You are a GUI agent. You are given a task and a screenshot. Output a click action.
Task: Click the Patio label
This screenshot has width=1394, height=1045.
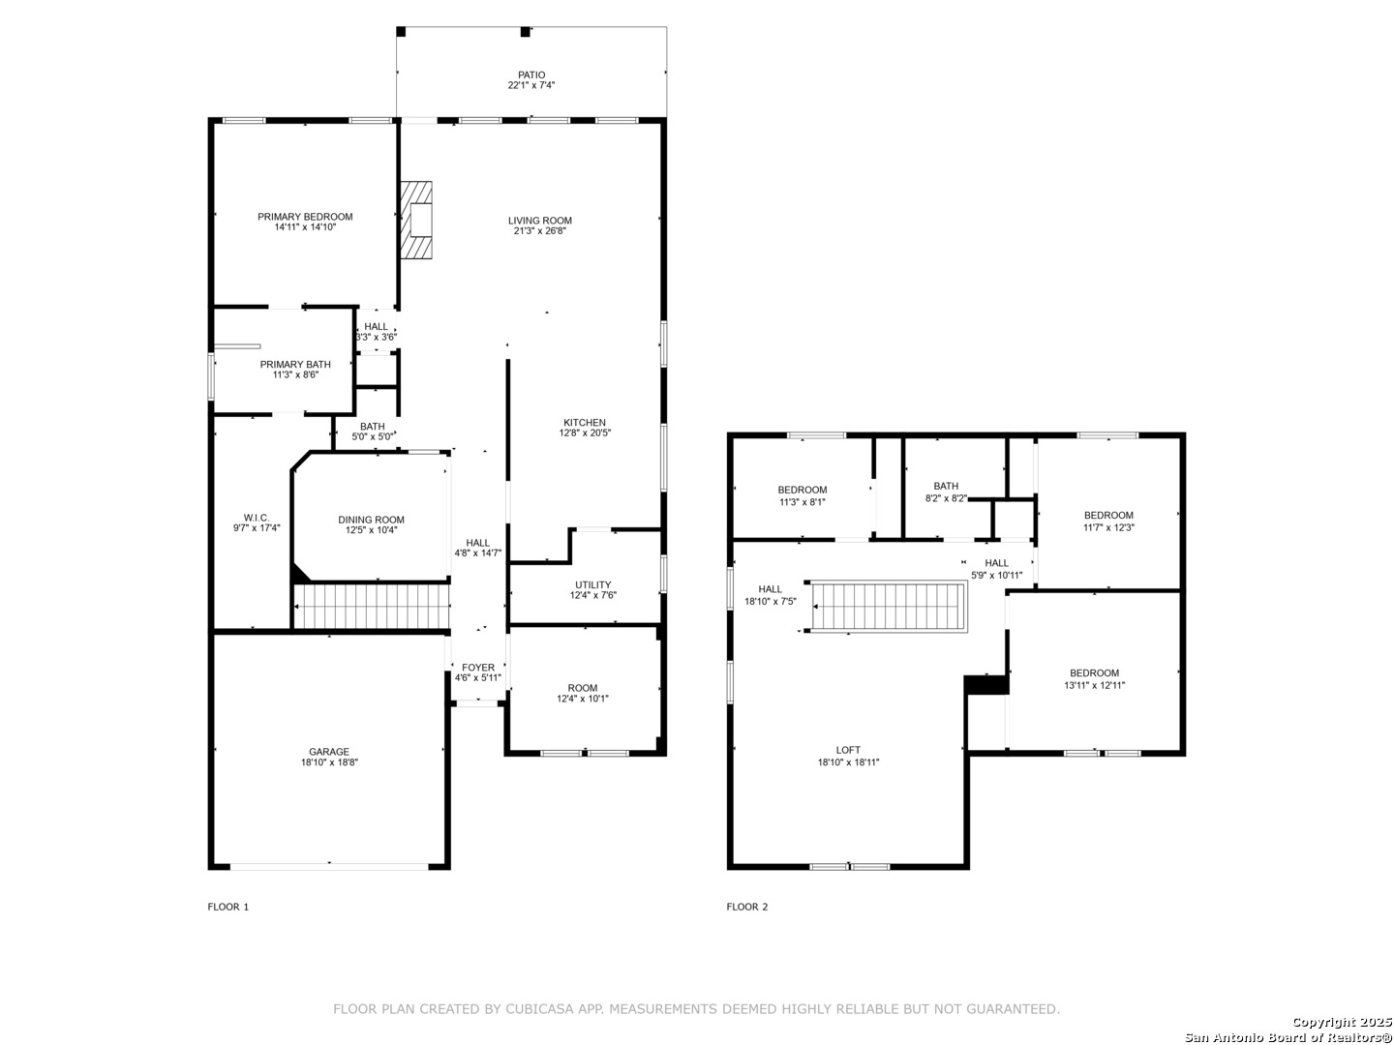click(531, 75)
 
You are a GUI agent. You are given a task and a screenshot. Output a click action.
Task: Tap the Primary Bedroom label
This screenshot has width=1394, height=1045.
click(305, 217)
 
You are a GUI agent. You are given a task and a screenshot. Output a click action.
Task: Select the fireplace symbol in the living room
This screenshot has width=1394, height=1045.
click(417, 221)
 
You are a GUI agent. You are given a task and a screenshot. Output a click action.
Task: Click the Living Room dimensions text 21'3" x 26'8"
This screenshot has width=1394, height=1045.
click(540, 231)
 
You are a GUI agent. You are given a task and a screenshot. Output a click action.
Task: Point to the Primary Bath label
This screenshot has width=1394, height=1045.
click(295, 365)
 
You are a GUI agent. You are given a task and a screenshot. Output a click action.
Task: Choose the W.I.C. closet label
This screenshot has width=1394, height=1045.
click(257, 518)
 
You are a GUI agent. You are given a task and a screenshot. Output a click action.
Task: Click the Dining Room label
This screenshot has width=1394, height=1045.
click(371, 520)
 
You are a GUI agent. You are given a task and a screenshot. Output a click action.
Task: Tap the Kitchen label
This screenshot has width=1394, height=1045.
click(585, 423)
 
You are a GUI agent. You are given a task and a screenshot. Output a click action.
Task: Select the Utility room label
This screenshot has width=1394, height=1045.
click(592, 584)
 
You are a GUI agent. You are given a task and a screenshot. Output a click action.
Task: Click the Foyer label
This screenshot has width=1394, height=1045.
click(478, 668)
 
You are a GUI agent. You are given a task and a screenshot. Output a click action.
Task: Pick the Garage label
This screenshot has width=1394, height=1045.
click(329, 752)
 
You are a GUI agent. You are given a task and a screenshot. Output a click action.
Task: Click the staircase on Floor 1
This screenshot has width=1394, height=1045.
click(373, 605)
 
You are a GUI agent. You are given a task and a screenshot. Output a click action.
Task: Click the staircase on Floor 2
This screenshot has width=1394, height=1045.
click(889, 607)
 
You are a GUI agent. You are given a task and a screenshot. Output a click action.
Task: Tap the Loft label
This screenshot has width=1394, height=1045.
click(848, 750)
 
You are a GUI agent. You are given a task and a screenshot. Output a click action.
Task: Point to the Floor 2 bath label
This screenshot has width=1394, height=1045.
click(946, 487)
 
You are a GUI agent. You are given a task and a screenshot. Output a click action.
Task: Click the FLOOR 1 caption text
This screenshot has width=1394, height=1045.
click(228, 907)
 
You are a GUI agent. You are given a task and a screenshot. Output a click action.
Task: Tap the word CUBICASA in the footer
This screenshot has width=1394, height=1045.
click(537, 1009)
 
